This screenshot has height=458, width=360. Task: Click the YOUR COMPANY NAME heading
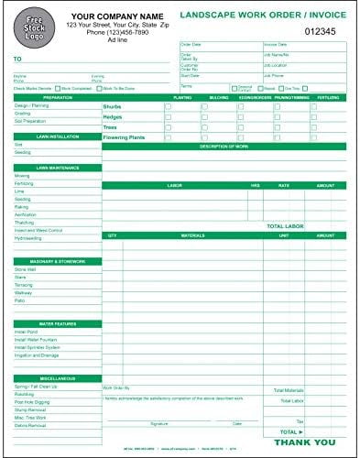[x=113, y=16]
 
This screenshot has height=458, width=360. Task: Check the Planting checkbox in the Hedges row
[x=169, y=116]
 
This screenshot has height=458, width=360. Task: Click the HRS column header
[x=256, y=185]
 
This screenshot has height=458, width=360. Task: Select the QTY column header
[x=113, y=235]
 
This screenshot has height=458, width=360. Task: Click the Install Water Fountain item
[x=37, y=340]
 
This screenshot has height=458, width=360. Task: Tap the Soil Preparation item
[x=30, y=122]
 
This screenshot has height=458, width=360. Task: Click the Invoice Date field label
[x=277, y=43]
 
